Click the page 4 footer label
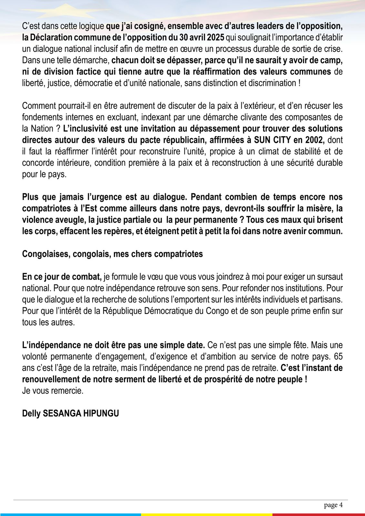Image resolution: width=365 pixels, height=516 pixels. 333,505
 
